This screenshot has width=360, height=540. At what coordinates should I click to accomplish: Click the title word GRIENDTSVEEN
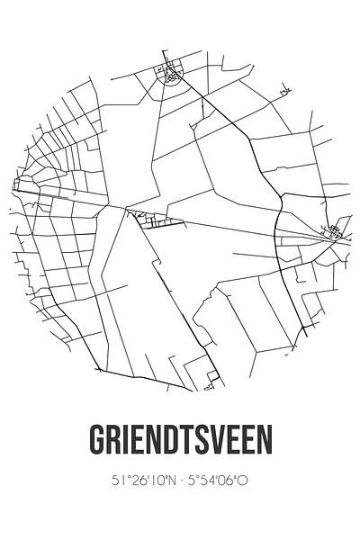(180, 440)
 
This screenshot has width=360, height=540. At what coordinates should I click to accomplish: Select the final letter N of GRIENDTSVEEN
(263, 440)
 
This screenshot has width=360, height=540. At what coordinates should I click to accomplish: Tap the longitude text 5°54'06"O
(217, 481)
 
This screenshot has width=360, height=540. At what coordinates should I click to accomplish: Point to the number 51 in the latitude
(115, 481)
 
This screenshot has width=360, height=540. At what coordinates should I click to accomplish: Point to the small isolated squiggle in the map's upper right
(285, 91)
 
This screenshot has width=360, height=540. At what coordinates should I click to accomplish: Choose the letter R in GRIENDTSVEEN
(114, 440)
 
